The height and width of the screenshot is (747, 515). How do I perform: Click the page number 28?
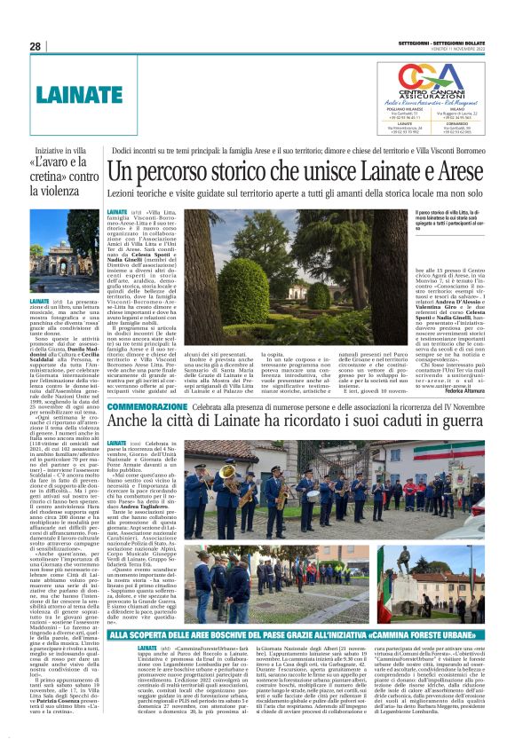click(36, 46)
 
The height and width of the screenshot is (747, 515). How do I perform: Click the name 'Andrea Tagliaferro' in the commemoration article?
click(155, 505)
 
